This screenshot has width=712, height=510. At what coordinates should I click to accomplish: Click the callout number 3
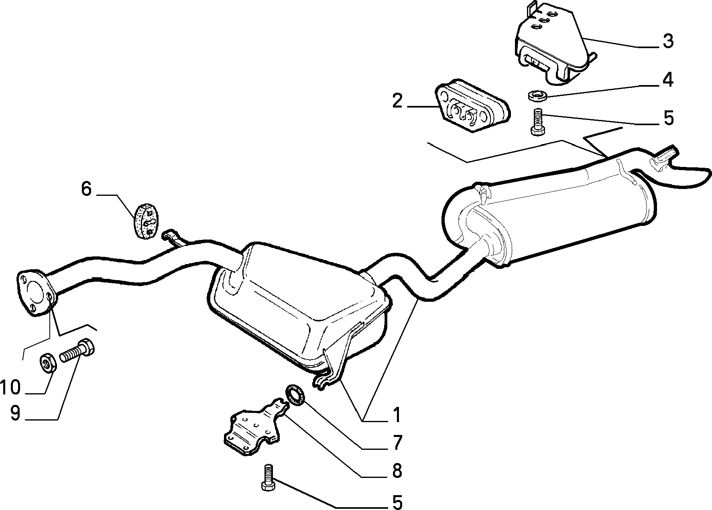(667, 42)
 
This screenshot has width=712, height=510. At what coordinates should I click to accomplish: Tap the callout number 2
(397, 101)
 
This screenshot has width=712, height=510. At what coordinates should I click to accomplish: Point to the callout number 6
(86, 189)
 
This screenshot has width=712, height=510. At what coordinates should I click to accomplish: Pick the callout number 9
(15, 414)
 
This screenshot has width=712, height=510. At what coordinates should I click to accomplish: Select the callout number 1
(397, 415)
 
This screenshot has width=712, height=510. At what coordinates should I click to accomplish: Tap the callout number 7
(397, 443)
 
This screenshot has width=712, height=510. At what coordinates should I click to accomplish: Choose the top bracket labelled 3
(554, 48)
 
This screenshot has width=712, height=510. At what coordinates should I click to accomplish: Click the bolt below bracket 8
(269, 477)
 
